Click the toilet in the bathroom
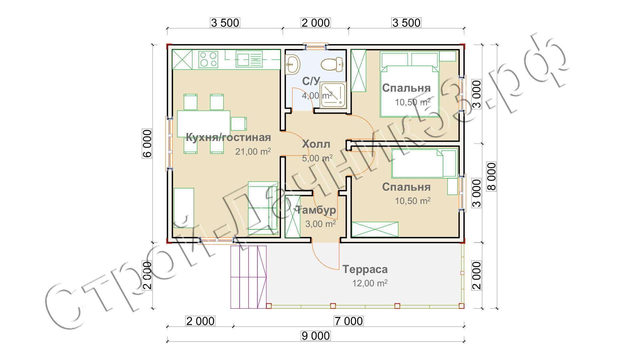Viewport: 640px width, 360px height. [332, 64]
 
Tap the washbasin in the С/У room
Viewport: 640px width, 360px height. [293, 64]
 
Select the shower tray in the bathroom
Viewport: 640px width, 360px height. [333, 95]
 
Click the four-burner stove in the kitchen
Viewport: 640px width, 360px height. [208, 60]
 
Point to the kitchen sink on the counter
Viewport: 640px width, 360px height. [249, 59]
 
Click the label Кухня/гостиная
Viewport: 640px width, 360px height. [228, 137]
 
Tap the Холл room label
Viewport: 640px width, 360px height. [316, 144]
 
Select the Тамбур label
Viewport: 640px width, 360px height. [316, 210]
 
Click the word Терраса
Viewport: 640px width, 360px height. [365, 269]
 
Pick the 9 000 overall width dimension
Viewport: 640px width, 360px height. [316, 336]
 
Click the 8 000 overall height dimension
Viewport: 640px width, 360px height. [491, 176]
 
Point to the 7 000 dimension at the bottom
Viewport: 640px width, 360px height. [349, 321]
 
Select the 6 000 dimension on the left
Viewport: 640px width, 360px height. [147, 144]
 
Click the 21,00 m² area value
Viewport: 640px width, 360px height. [253, 151]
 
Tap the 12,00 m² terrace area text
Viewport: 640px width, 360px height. [370, 283]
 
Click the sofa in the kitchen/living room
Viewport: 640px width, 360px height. [263, 208]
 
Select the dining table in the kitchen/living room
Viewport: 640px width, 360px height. [204, 124]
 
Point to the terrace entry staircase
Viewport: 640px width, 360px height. [249, 277]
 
